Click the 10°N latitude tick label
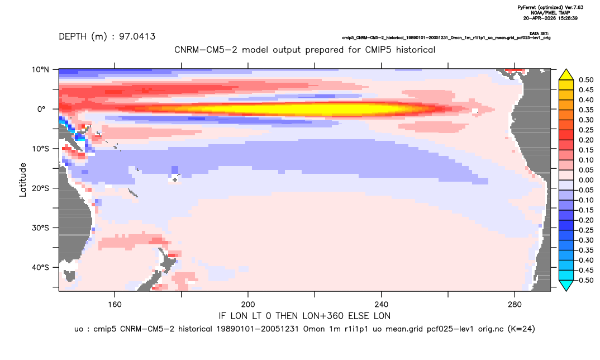[40, 70]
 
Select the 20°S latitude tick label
[40, 188]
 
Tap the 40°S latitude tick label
[40, 267]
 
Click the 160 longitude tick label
[115, 305]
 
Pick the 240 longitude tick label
[382, 305]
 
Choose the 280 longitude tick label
[515, 305]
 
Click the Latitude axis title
[23, 180]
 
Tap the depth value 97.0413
[137, 37]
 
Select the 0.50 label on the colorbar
[586, 80]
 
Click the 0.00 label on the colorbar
[586, 180]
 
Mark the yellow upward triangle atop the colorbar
[566, 75]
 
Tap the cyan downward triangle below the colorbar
[566, 285]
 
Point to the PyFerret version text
[550, 7]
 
